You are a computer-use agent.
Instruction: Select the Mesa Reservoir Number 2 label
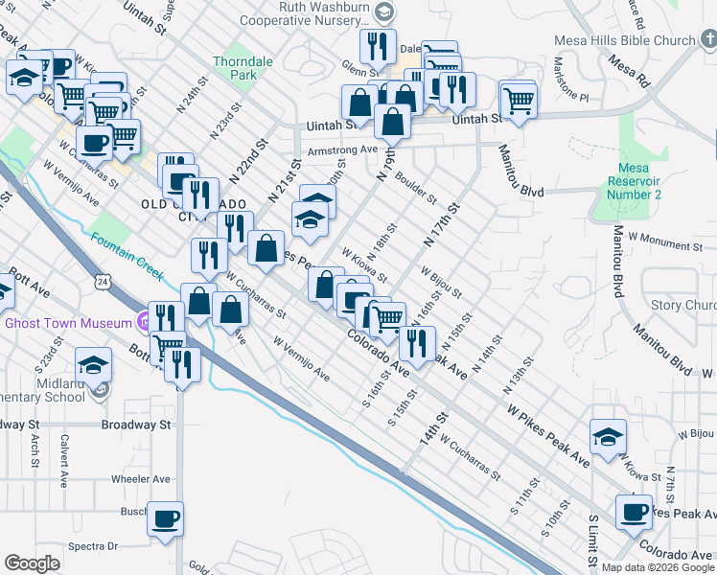click(x=636, y=181)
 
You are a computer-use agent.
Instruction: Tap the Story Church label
click(x=683, y=305)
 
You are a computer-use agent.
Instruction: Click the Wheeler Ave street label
click(x=140, y=479)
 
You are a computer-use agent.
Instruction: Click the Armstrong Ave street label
click(x=341, y=149)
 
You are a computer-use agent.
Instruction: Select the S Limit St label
click(x=593, y=542)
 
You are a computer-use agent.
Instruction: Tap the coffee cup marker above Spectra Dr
click(x=165, y=518)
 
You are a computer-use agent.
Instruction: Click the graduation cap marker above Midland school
click(x=93, y=365)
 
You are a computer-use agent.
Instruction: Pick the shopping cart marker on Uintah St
click(x=518, y=99)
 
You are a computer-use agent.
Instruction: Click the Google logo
click(x=32, y=563)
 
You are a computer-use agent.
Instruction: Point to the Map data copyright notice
click(x=657, y=567)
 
